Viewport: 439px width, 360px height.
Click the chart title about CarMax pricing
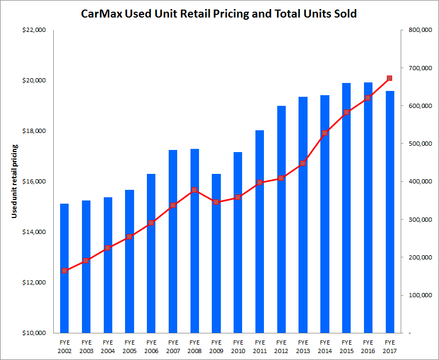219,14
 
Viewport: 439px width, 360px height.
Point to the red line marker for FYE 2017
390,78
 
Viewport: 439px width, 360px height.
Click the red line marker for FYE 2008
194,190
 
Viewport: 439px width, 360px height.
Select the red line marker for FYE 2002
64,271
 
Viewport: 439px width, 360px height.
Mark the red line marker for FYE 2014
325,133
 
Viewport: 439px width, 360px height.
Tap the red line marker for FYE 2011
260,182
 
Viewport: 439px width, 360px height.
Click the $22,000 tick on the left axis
35,30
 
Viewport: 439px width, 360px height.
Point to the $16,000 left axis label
35,182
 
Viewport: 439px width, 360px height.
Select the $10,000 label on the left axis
35,333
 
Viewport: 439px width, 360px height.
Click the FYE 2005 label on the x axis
129,346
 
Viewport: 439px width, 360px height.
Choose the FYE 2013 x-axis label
303,346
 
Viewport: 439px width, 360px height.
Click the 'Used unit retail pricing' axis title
15,181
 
